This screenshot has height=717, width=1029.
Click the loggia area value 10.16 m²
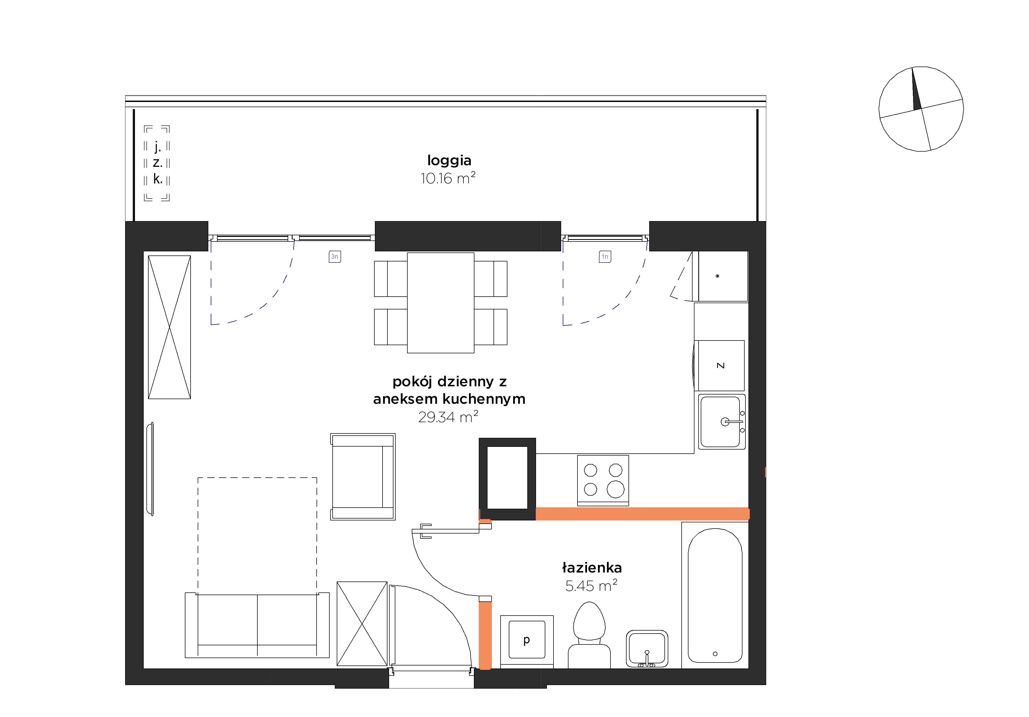click(448, 178)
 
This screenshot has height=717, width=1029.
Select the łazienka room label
click(592, 568)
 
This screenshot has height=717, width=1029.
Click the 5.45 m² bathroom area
click(591, 586)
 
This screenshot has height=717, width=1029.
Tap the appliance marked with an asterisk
click(723, 276)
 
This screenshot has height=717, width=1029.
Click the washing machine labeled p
click(526, 642)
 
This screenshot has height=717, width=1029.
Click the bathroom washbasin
click(647, 649)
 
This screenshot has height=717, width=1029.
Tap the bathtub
click(715, 595)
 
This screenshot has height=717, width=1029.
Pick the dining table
click(441, 303)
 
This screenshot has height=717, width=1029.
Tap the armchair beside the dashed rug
click(363, 477)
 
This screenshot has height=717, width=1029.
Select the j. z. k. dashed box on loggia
click(157, 163)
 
